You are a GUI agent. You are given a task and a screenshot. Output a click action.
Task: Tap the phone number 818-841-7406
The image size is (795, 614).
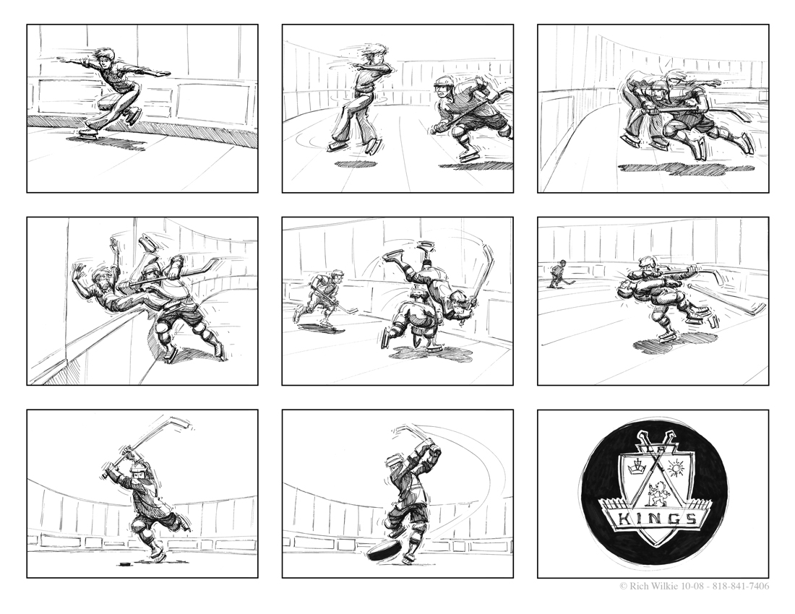[x=740, y=586]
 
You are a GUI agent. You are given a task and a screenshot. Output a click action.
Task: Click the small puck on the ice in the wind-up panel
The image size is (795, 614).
[x=123, y=562]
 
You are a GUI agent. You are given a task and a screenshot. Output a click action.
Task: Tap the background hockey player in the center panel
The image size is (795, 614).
[x=320, y=300]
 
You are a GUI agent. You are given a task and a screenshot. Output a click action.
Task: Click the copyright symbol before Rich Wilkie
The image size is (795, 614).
[x=624, y=587]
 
